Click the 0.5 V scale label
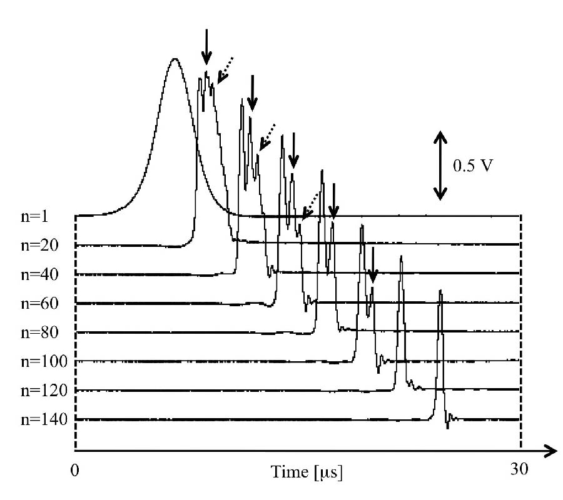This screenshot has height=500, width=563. pyautogui.click(x=472, y=166)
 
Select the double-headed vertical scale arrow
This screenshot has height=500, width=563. pyautogui.click(x=441, y=165)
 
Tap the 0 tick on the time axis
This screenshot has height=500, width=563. pyautogui.click(x=75, y=469)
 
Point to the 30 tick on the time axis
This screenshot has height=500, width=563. pyautogui.click(x=520, y=469)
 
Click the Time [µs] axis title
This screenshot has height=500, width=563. pyautogui.click(x=307, y=470)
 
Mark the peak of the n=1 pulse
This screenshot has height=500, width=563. pyautogui.click(x=175, y=59)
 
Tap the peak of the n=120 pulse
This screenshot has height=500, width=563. pyautogui.click(x=401, y=256)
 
